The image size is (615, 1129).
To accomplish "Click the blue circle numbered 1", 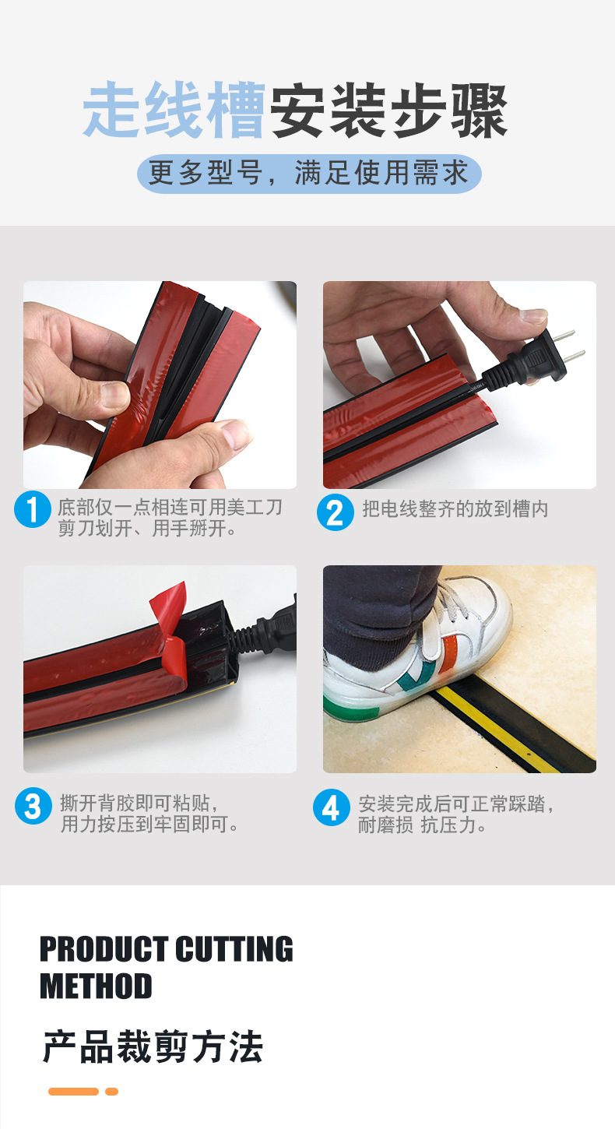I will pyautogui.click(x=33, y=509).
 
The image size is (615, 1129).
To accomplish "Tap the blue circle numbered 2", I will pyautogui.click(x=335, y=512).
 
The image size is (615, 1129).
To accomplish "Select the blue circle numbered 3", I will pyautogui.click(x=33, y=807).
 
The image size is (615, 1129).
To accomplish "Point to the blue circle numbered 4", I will pyautogui.click(x=332, y=807).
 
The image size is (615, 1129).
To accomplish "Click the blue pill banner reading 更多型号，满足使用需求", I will pyautogui.click(x=309, y=174).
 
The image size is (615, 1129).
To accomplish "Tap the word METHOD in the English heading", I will pyautogui.click(x=96, y=986).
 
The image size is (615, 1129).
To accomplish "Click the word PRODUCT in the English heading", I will pyautogui.click(x=104, y=949).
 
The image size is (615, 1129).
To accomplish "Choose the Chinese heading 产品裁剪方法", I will pyautogui.click(x=153, y=1047).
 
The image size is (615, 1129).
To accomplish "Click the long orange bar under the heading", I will pyautogui.click(x=73, y=1092).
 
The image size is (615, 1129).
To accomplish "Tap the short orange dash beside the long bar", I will pyautogui.click(x=111, y=1092).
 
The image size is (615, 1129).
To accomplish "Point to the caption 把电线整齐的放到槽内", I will pyautogui.click(x=455, y=509).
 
